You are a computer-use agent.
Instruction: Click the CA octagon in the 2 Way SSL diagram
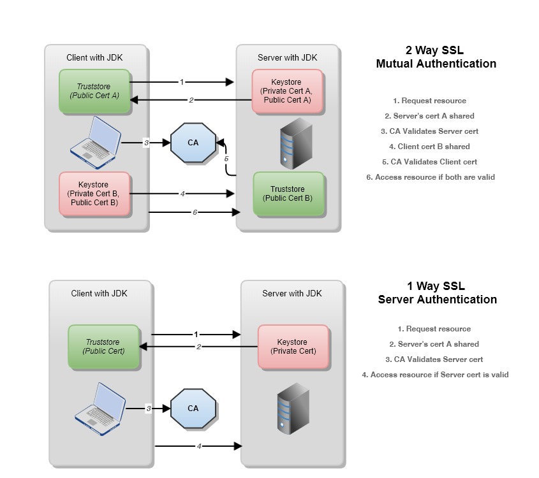click(193, 143)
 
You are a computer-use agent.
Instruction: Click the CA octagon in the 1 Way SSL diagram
click(193, 408)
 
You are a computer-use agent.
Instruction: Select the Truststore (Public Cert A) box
click(94, 92)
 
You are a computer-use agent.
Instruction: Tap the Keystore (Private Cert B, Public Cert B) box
click(94, 194)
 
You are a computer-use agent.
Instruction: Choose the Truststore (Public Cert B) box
click(288, 193)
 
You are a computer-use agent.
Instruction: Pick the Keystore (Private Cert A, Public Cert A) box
click(287, 91)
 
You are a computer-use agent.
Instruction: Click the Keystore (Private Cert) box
click(293, 347)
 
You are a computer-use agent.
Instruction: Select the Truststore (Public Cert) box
click(103, 347)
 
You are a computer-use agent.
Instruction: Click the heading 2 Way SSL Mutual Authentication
click(436, 57)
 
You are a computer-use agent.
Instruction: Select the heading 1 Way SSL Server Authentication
click(437, 293)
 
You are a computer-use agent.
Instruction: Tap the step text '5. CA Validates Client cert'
click(429, 162)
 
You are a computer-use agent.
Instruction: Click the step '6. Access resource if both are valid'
click(430, 177)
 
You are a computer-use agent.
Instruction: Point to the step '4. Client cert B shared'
click(429, 147)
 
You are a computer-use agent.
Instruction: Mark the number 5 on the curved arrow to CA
click(225, 157)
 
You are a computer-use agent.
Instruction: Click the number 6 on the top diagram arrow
click(195, 212)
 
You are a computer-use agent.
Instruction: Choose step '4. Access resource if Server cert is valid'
click(435, 375)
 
